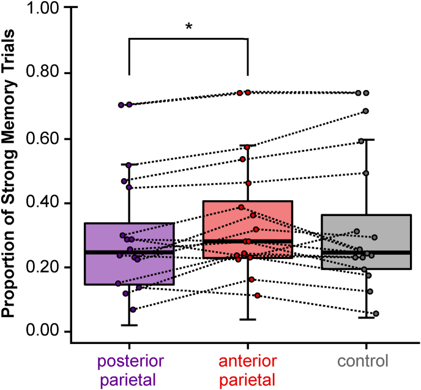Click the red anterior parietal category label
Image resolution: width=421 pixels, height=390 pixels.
click(247, 369)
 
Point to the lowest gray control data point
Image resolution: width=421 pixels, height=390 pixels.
click(376, 313)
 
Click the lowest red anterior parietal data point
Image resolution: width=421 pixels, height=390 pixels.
click(258, 296)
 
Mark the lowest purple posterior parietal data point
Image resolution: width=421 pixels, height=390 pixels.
click(133, 309)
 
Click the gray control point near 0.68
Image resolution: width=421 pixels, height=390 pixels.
click(365, 111)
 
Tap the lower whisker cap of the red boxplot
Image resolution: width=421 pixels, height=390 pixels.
click(247, 320)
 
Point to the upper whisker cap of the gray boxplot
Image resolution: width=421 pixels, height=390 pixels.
click(366, 140)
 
